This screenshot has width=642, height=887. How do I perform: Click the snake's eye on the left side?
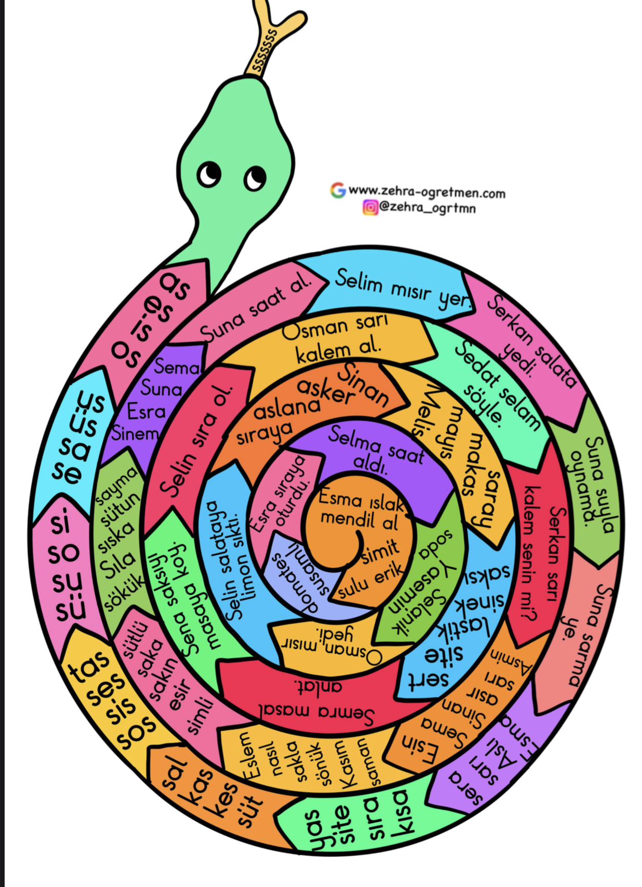209,174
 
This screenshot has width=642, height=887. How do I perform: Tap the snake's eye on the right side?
254,178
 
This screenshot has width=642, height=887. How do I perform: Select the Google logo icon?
338,190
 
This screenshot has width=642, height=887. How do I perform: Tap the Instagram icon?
370,207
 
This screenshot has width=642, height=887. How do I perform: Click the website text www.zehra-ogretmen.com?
427,192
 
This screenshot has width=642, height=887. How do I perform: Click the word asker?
326,391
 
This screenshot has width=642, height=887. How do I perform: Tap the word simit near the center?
380,552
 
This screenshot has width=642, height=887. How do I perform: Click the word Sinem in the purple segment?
135,434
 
